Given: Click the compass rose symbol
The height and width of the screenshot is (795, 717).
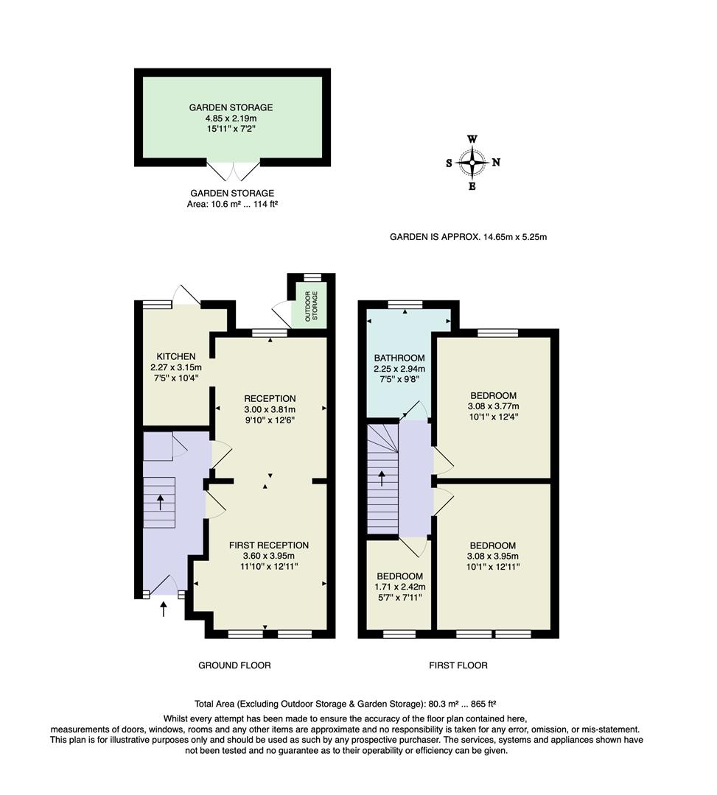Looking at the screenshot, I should click(472, 163).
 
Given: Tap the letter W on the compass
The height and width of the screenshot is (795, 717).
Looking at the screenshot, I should click(472, 139).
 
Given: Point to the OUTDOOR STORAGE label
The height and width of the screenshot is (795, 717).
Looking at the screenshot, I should click(309, 305).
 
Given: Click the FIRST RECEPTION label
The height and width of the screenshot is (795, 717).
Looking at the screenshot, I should click(268, 545).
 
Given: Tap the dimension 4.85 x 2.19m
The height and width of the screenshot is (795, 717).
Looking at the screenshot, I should click(232, 118).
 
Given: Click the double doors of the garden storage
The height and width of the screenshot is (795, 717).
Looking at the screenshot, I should click(233, 171).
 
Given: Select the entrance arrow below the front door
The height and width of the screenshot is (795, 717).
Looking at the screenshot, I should click(164, 608).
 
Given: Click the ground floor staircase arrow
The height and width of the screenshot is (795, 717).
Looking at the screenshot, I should click(161, 502).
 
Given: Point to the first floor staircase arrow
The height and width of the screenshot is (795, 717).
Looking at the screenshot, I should click(381, 478).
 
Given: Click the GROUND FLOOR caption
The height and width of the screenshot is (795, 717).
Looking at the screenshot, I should click(234, 665).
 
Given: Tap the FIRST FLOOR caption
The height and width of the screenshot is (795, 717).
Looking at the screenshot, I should click(458, 665).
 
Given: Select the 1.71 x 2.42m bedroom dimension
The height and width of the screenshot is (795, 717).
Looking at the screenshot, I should click(399, 587).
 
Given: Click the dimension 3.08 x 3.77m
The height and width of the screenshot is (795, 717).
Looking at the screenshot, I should click(493, 406).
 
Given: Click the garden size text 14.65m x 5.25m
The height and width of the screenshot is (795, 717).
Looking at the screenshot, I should click(514, 237).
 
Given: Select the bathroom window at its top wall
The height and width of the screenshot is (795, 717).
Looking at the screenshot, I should click(405, 303).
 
